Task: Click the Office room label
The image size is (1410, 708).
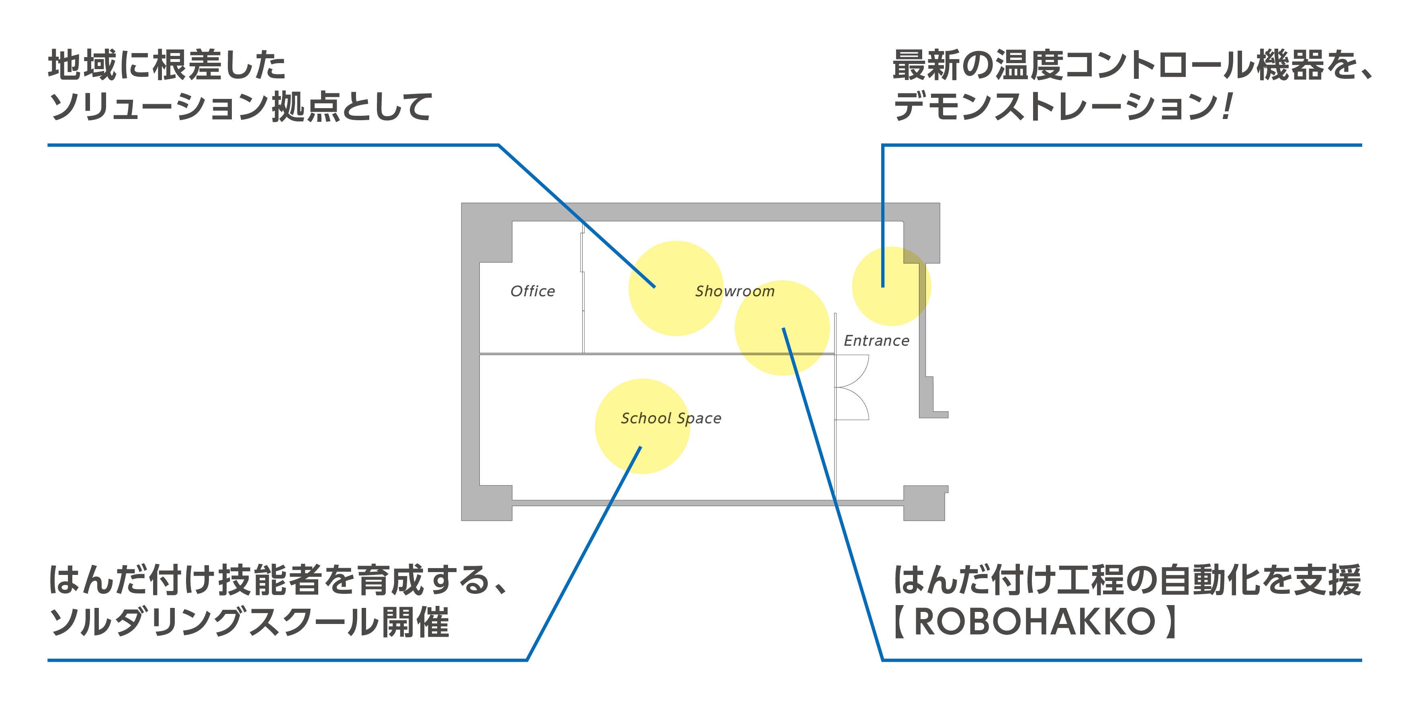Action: [532, 291]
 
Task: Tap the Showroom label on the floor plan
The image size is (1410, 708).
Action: [735, 291]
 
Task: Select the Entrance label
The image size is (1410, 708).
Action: [876, 341]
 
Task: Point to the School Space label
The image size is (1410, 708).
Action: [671, 419]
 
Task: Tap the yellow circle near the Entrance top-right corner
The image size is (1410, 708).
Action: [891, 286]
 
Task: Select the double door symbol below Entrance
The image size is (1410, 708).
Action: [852, 388]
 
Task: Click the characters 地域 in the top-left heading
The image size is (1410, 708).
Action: [82, 65]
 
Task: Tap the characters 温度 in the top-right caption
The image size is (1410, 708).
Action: [1029, 65]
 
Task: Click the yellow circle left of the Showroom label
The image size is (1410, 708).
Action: [675, 288]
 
